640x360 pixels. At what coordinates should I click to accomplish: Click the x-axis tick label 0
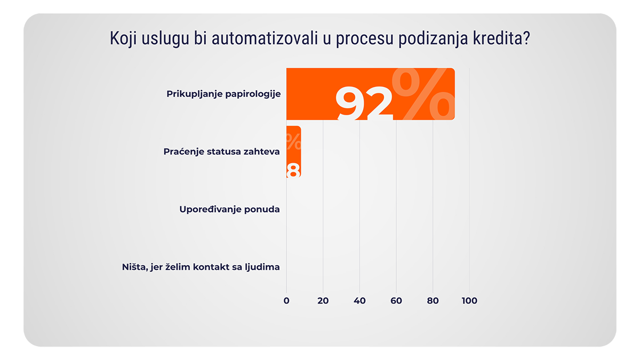pyautogui.click(x=286, y=301)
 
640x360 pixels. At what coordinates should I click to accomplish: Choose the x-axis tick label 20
pyautogui.click(x=323, y=301)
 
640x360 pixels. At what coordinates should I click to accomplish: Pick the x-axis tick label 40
pyautogui.click(x=359, y=301)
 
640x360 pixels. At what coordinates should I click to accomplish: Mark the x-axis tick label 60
pyautogui.click(x=396, y=301)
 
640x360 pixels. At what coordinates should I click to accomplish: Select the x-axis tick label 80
pyautogui.click(x=433, y=301)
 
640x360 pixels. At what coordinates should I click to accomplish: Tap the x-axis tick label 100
pyautogui.click(x=469, y=301)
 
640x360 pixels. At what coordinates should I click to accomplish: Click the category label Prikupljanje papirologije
pyautogui.click(x=223, y=94)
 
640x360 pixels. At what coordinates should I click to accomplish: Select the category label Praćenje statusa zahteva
pyautogui.click(x=221, y=151)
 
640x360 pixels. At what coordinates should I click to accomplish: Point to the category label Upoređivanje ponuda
pyautogui.click(x=229, y=209)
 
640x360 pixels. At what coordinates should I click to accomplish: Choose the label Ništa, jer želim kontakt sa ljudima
pyautogui.click(x=201, y=267)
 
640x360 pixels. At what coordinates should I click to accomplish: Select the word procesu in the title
pyautogui.click(x=364, y=40)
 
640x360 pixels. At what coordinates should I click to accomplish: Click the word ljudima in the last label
pyautogui.click(x=263, y=267)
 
